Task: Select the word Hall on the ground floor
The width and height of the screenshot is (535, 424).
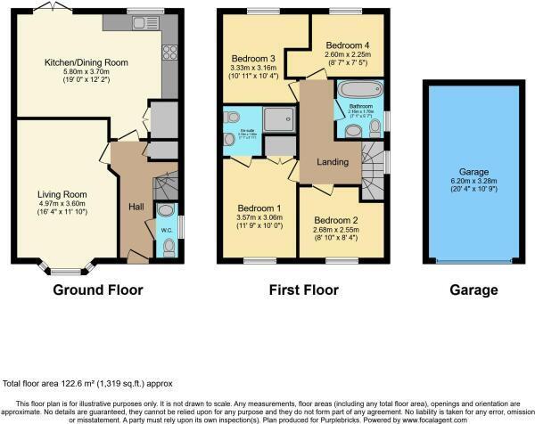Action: pyautogui.click(x=136, y=207)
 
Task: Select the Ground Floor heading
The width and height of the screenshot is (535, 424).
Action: pyautogui.click(x=98, y=289)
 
